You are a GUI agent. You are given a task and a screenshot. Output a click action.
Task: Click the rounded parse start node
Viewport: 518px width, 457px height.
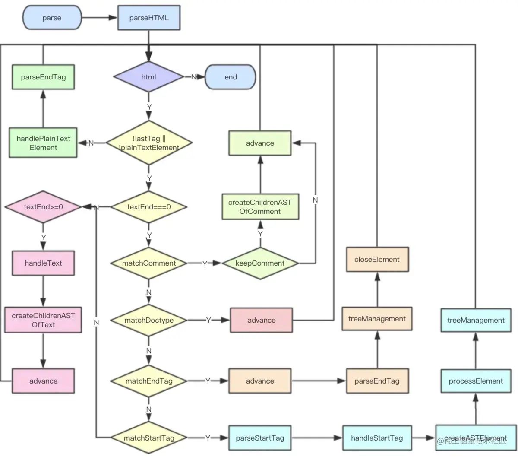click(52, 18)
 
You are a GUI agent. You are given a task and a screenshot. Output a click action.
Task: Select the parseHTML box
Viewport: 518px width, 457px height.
click(149, 18)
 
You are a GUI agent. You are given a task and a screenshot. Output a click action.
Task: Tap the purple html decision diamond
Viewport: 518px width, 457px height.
click(148, 77)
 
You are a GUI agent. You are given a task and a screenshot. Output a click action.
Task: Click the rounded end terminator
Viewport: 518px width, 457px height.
click(231, 77)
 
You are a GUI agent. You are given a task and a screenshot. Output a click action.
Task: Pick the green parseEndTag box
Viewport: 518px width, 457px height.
click(43, 77)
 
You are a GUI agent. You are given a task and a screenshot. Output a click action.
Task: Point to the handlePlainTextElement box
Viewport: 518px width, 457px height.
click(43, 143)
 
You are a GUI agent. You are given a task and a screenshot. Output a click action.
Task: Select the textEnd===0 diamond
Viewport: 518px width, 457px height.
click(149, 207)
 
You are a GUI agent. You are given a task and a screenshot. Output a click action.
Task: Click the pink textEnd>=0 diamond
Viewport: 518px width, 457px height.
click(43, 207)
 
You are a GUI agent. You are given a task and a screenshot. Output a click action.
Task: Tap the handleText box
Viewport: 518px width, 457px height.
click(43, 263)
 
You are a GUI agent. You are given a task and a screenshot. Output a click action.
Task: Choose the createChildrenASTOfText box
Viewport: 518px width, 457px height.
click(43, 320)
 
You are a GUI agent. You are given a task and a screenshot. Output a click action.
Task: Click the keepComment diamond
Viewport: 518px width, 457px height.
click(260, 263)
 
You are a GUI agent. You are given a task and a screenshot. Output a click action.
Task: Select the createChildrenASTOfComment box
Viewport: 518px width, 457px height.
click(260, 207)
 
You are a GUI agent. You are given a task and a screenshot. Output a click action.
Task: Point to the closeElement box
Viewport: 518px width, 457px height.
click(377, 260)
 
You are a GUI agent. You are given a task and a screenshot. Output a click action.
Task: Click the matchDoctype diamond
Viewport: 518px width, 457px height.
click(149, 320)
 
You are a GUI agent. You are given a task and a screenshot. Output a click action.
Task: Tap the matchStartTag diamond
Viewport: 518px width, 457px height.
click(149, 438)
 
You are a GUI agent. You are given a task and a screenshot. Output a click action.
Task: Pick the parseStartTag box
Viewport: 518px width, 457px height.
click(260, 438)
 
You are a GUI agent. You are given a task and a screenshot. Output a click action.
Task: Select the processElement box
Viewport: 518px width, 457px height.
click(476, 381)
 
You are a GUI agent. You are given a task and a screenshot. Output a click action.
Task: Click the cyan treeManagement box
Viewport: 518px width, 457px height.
click(476, 320)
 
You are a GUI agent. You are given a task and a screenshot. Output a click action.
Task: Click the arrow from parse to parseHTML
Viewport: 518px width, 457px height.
click(99, 18)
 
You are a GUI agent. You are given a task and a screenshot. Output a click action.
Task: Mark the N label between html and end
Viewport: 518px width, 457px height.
click(194, 77)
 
